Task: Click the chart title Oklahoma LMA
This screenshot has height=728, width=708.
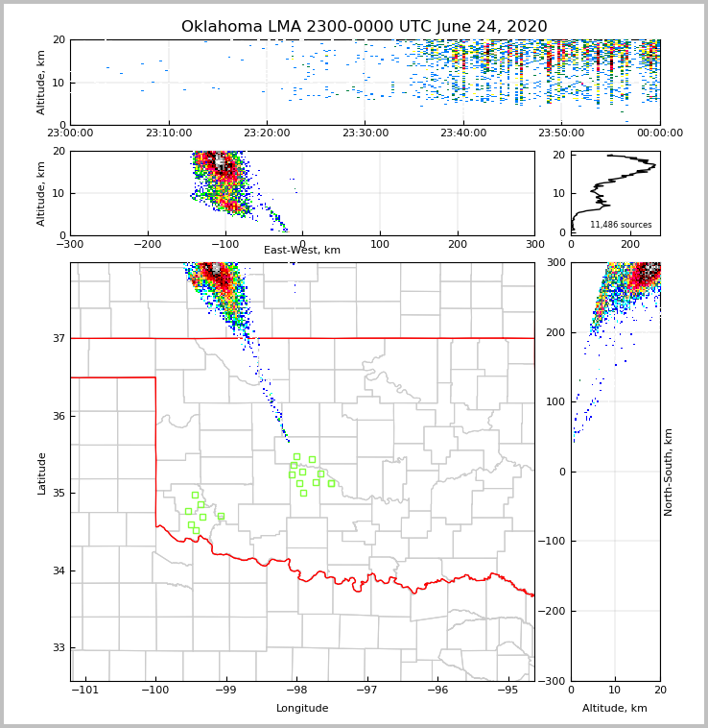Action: pyautogui.click(x=364, y=27)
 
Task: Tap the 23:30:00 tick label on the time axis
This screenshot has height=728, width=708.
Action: pyautogui.click(x=366, y=133)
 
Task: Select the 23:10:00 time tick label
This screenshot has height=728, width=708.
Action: pyautogui.click(x=169, y=133)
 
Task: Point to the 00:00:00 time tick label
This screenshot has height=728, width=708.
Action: pyautogui.click(x=660, y=133)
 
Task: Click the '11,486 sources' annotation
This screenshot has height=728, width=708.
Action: pyautogui.click(x=621, y=225)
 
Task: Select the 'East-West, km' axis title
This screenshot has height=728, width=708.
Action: pyautogui.click(x=302, y=251)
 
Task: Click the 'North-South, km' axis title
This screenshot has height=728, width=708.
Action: pyautogui.click(x=669, y=472)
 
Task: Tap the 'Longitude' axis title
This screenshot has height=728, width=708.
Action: pyautogui.click(x=302, y=709)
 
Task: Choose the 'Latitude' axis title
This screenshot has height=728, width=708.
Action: pyautogui.click(x=41, y=473)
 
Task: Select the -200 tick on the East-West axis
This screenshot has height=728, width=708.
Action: pyautogui.click(x=148, y=244)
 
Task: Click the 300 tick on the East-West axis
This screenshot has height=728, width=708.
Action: pyautogui.click(x=534, y=244)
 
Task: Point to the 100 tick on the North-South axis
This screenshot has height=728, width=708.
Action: pyautogui.click(x=555, y=401)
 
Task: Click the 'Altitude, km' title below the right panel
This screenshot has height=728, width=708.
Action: pyautogui.click(x=615, y=709)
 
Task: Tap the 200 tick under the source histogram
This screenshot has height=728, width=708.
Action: pyautogui.click(x=630, y=244)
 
